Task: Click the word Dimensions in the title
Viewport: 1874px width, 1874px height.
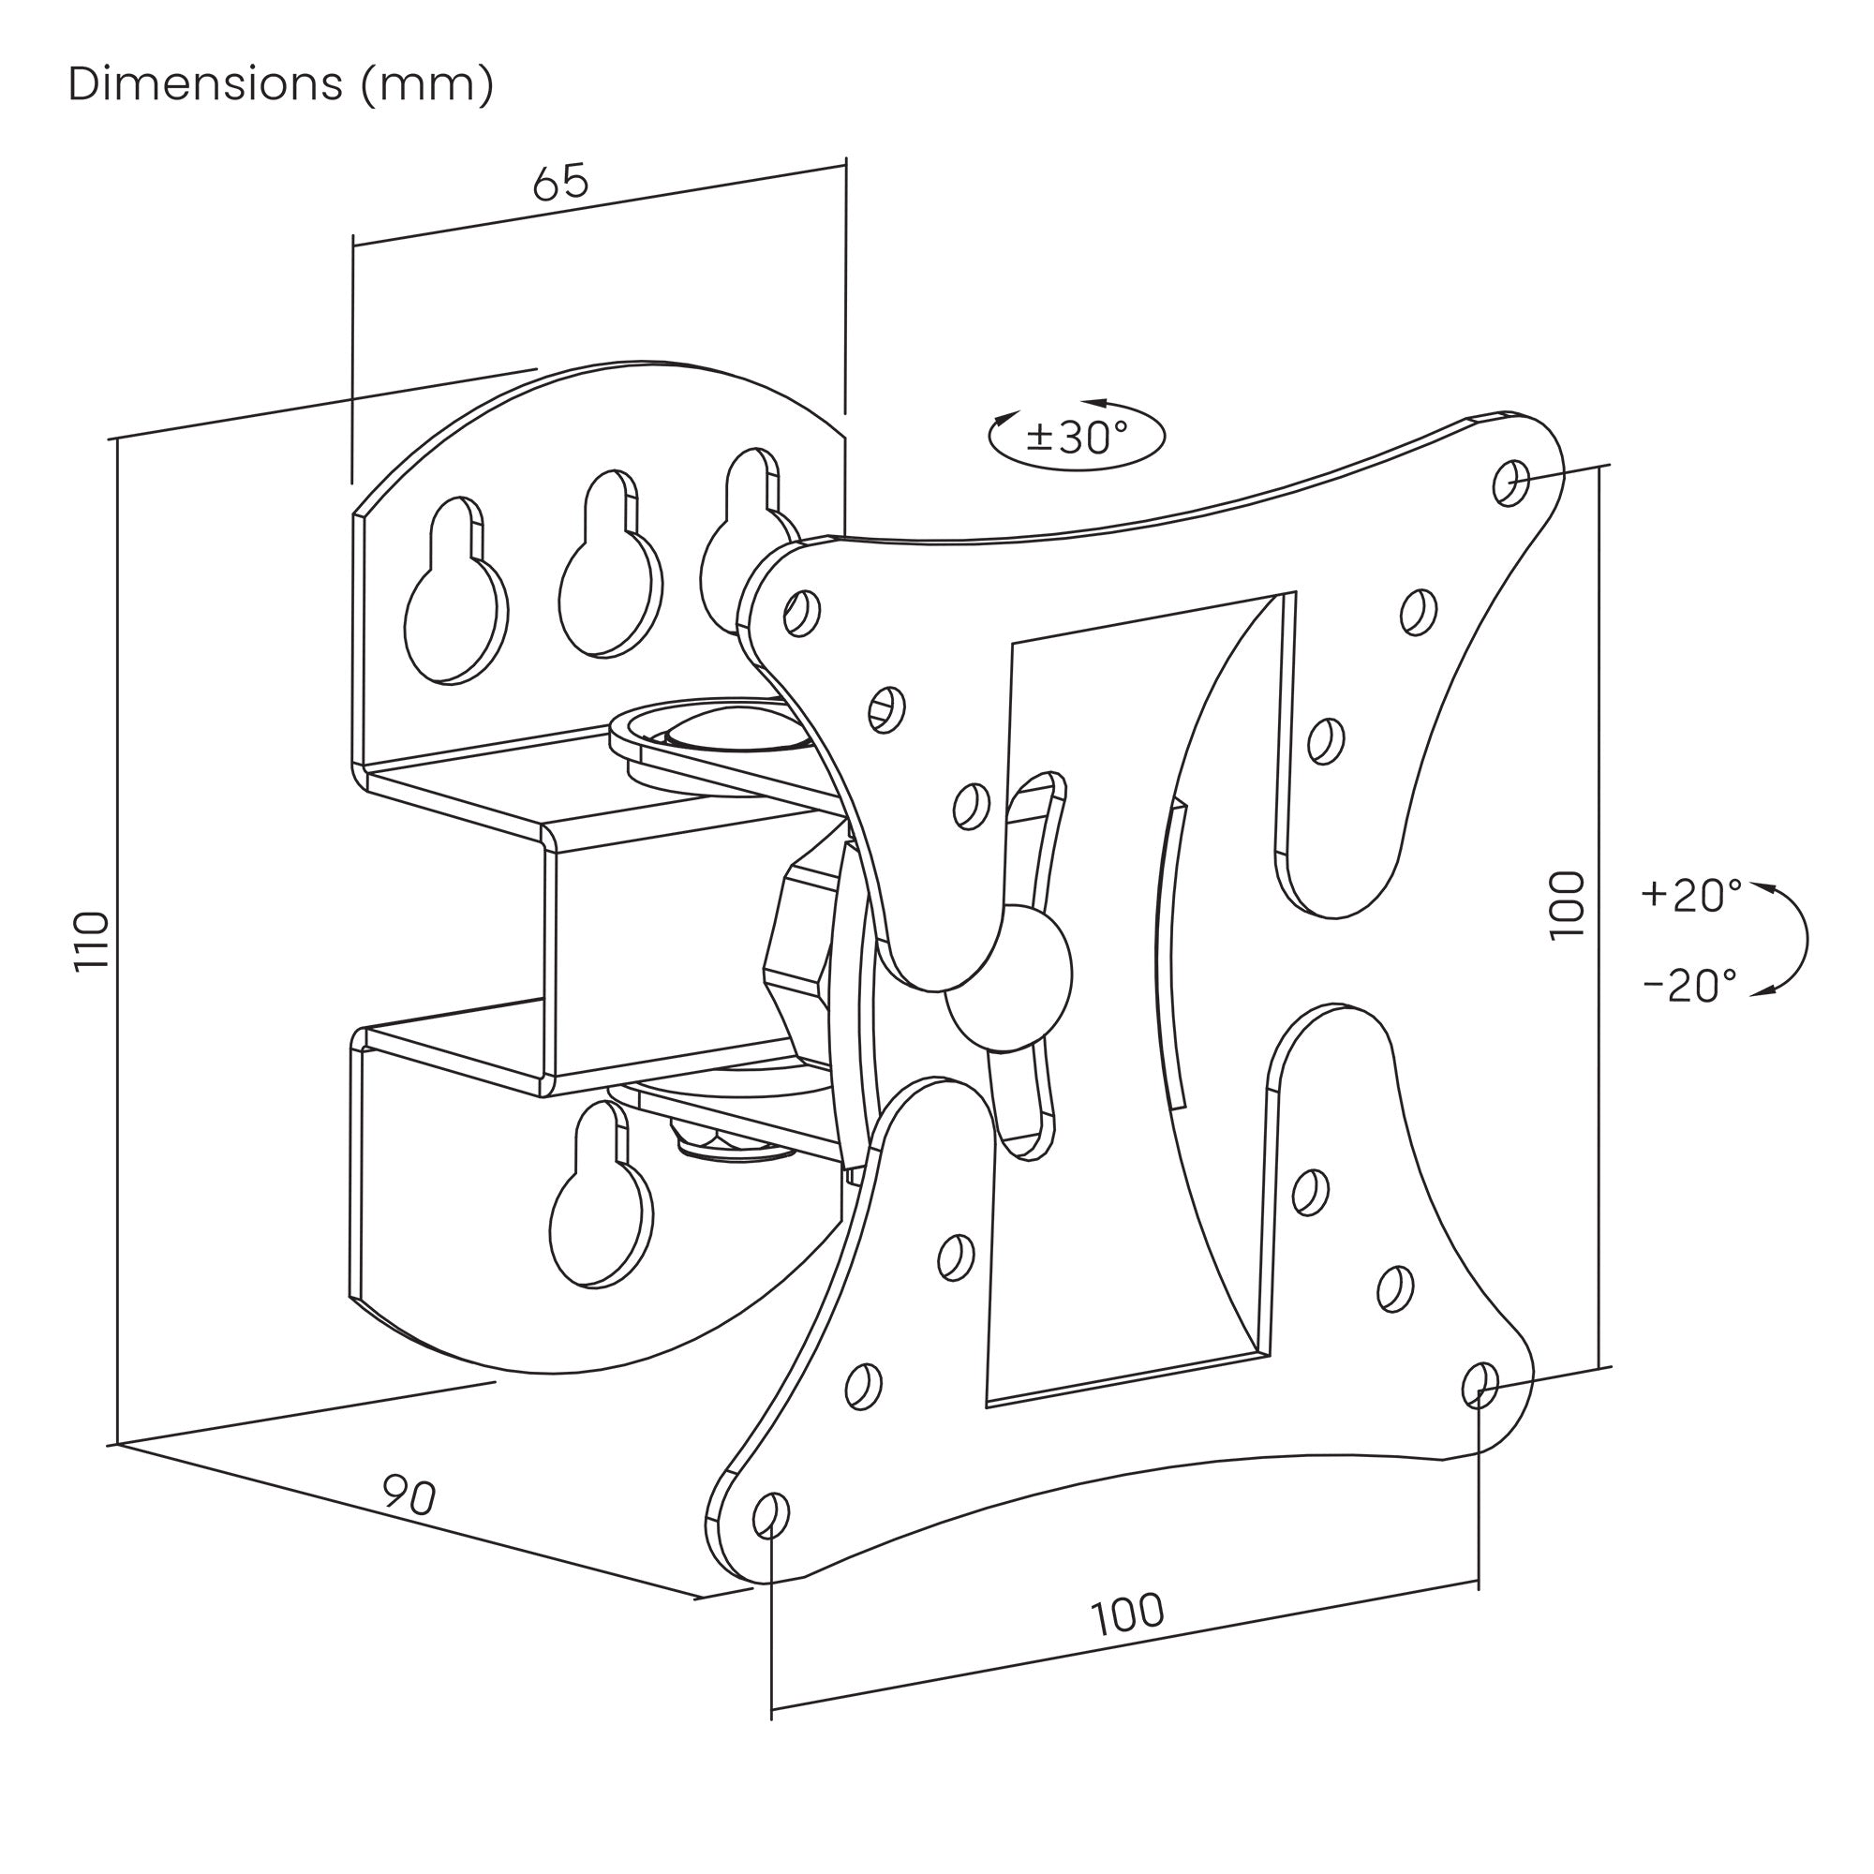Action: pyautogui.click(x=205, y=84)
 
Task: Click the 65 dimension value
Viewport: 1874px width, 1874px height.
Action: pyautogui.click(x=560, y=182)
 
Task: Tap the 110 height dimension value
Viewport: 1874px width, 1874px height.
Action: pyautogui.click(x=93, y=940)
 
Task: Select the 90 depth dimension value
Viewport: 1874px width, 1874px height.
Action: pyautogui.click(x=409, y=1495)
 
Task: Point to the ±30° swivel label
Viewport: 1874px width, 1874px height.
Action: pyautogui.click(x=1077, y=438)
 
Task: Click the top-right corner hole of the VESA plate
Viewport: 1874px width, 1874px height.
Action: pyautogui.click(x=1511, y=482)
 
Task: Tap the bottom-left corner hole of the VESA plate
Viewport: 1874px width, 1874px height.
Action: pyautogui.click(x=771, y=1515)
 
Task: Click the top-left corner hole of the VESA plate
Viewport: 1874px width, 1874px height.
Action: pyautogui.click(x=801, y=612)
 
